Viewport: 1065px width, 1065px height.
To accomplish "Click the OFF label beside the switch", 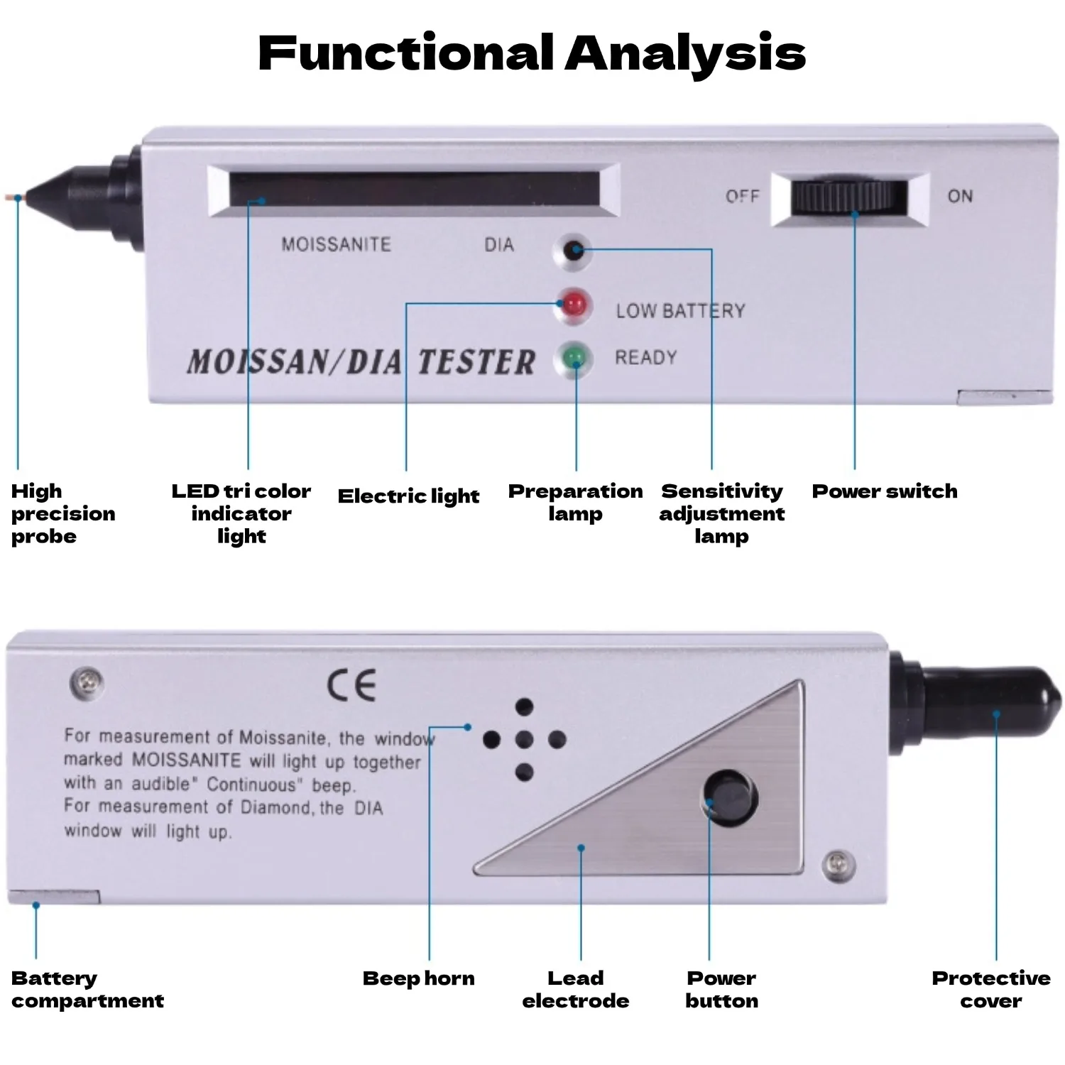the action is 742,196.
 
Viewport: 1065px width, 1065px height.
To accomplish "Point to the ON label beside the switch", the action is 960,196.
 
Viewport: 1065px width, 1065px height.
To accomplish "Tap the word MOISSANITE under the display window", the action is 337,245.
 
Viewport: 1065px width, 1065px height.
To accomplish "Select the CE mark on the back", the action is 351,686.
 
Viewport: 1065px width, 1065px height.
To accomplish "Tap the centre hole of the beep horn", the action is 524,740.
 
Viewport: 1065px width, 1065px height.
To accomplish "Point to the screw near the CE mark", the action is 87,682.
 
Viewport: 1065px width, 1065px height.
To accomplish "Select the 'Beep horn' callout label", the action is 418,978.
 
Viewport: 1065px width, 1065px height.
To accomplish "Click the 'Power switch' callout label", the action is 885,491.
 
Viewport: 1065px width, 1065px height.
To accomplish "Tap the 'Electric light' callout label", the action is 408,496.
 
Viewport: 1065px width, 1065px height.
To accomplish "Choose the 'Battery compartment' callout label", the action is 87,990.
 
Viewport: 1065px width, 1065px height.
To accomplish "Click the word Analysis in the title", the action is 685,54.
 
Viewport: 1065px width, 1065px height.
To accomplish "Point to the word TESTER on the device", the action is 476,361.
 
